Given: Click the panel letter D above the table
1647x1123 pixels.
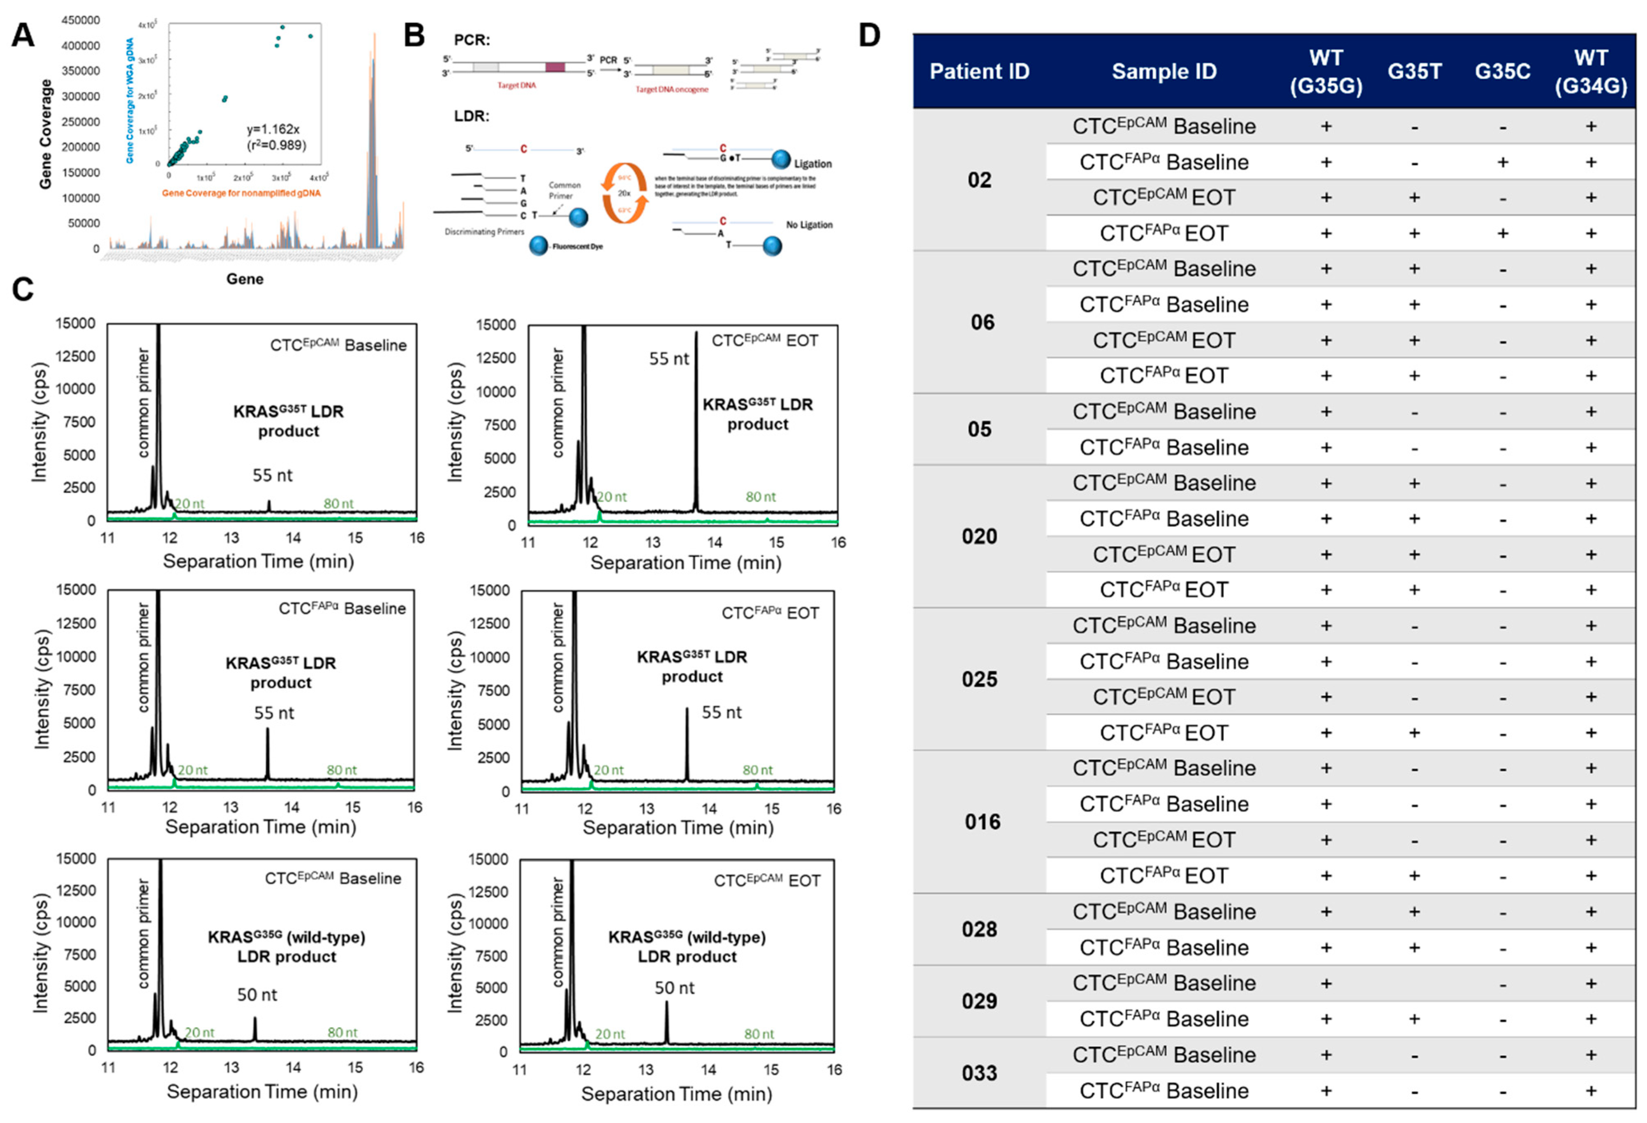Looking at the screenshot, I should pyautogui.click(x=870, y=35).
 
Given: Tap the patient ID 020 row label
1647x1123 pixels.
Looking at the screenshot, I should pyautogui.click(x=979, y=536).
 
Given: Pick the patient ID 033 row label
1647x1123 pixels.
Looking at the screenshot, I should pyautogui.click(x=979, y=1073).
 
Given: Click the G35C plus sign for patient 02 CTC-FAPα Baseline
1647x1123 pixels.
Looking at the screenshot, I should pyautogui.click(x=1502, y=162).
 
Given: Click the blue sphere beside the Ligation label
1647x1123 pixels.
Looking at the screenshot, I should pyautogui.click(x=780, y=159).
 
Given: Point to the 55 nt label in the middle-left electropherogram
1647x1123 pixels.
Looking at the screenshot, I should pyautogui.click(x=274, y=713).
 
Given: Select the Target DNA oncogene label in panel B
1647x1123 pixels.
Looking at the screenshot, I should pyautogui.click(x=671, y=89).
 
